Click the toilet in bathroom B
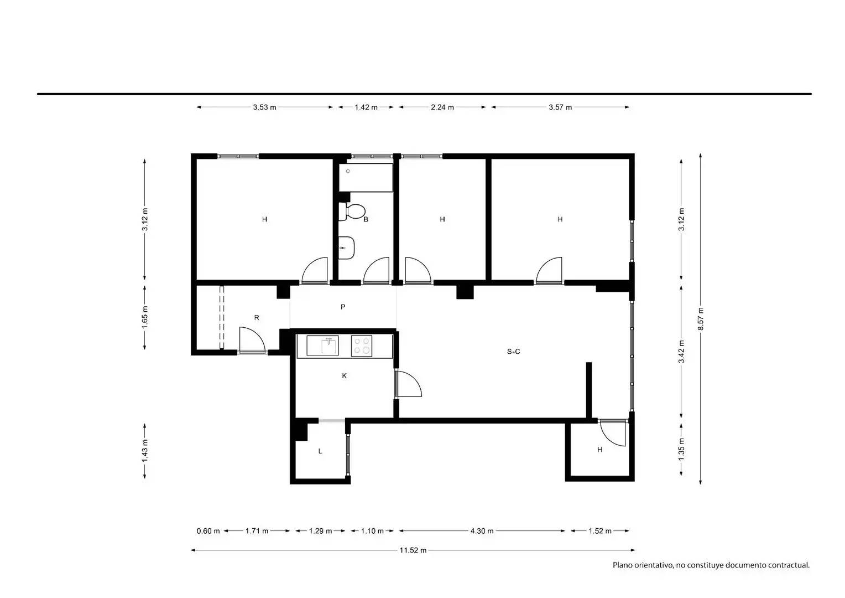(x=352, y=212)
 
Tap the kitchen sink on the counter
(x=322, y=346)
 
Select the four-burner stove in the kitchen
(x=361, y=346)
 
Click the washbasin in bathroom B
(x=346, y=248)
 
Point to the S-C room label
(x=513, y=351)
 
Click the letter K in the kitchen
(x=344, y=375)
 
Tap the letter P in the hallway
(x=342, y=307)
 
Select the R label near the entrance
(x=257, y=318)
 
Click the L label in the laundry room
(x=320, y=451)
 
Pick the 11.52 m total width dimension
(x=413, y=550)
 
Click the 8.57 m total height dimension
(x=701, y=319)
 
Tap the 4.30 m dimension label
(x=482, y=531)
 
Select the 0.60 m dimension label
(x=208, y=531)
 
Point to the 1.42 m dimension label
(x=366, y=107)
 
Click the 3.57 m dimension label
(x=560, y=107)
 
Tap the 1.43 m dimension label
(x=145, y=450)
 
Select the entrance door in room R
(x=252, y=339)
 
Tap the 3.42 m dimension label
(x=681, y=352)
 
